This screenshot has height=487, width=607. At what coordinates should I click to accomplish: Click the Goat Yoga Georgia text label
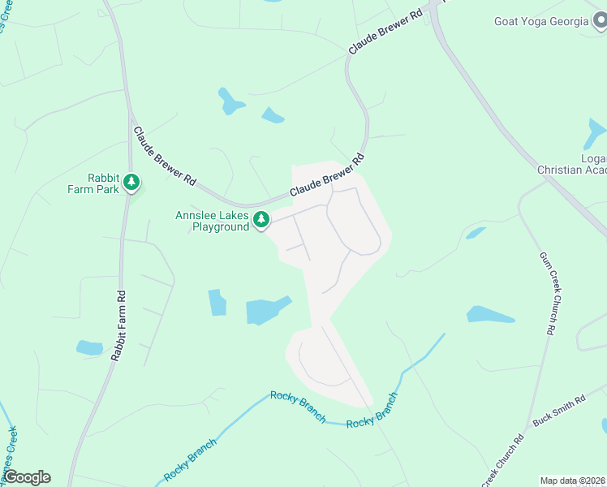pyautogui.click(x=541, y=21)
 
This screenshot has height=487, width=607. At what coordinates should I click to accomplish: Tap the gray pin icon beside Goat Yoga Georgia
pyautogui.click(x=599, y=21)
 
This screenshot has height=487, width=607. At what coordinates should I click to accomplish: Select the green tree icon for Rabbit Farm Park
pyautogui.click(x=131, y=183)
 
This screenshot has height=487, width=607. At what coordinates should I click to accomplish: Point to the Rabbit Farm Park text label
pyautogui.click(x=103, y=183)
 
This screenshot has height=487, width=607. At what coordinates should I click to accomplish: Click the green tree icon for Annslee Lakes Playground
pyautogui.click(x=261, y=219)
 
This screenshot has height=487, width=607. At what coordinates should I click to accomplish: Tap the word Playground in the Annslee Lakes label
pyautogui.click(x=220, y=227)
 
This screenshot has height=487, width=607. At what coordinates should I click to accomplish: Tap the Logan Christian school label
pyautogui.click(x=571, y=164)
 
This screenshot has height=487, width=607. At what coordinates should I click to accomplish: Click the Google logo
pyautogui.click(x=27, y=477)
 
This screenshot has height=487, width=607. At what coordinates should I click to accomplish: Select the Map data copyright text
pyautogui.click(x=573, y=481)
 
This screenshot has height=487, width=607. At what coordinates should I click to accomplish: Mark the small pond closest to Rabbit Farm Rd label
pyautogui.click(x=89, y=347)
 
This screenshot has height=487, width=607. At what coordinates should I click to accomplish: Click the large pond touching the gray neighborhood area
pyautogui.click(x=266, y=310)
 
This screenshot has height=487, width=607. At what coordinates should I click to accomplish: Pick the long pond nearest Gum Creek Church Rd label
pyautogui.click(x=490, y=315)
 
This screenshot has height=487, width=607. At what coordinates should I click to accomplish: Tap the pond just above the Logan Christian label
pyautogui.click(x=596, y=132)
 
